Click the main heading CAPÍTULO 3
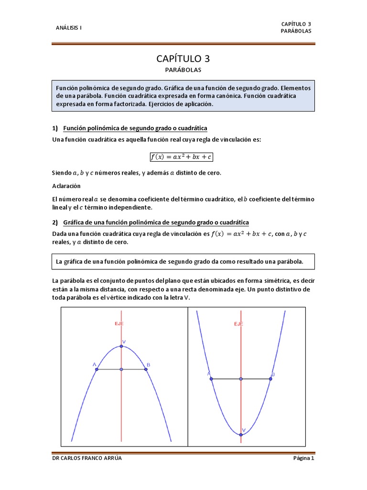tap(183, 59)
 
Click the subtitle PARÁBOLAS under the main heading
tap(183, 70)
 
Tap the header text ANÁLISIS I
tap(69, 27)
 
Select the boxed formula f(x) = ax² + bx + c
tap(181, 156)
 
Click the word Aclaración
tap(66, 186)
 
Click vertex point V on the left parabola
tap(122, 346)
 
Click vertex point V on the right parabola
tap(241, 434)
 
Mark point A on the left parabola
tap(97, 369)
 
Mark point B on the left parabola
tap(145, 369)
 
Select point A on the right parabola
tap(211, 379)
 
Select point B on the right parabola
tap(270, 379)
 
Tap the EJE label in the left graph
tap(119, 324)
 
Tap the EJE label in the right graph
tap(238, 324)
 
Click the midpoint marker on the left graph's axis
tap(122, 369)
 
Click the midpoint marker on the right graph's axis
tap(241, 379)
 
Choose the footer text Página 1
tap(303, 458)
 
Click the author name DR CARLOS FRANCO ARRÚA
tap(87, 458)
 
